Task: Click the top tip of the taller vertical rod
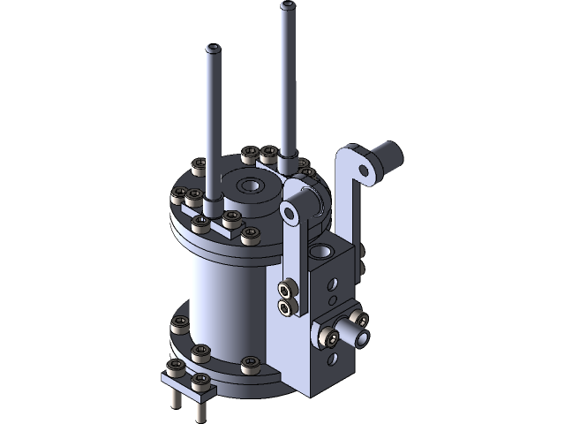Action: (288, 6)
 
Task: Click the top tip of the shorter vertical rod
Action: (213, 47)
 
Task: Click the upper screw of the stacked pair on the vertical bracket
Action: (287, 290)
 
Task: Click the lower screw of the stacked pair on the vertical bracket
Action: (287, 307)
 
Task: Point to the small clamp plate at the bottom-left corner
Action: (188, 381)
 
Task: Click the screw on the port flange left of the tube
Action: (328, 336)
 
